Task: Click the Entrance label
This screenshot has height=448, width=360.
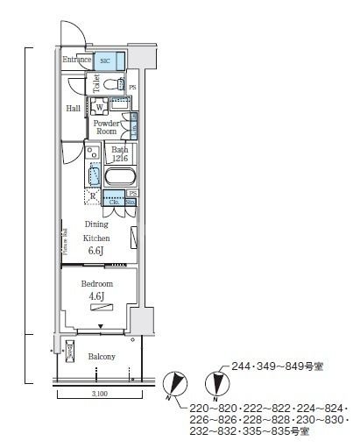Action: pos(77,60)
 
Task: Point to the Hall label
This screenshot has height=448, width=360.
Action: pos(74,109)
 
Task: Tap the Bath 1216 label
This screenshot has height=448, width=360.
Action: pos(119,154)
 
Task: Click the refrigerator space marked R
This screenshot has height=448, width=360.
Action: pos(93,196)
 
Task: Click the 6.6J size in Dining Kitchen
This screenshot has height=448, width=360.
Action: pos(95,251)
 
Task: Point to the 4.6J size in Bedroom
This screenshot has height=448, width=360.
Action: pos(96,297)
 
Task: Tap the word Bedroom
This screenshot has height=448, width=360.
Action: pos(96,285)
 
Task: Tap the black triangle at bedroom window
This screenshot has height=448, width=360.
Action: pos(101,326)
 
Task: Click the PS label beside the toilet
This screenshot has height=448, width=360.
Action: pos(133,88)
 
